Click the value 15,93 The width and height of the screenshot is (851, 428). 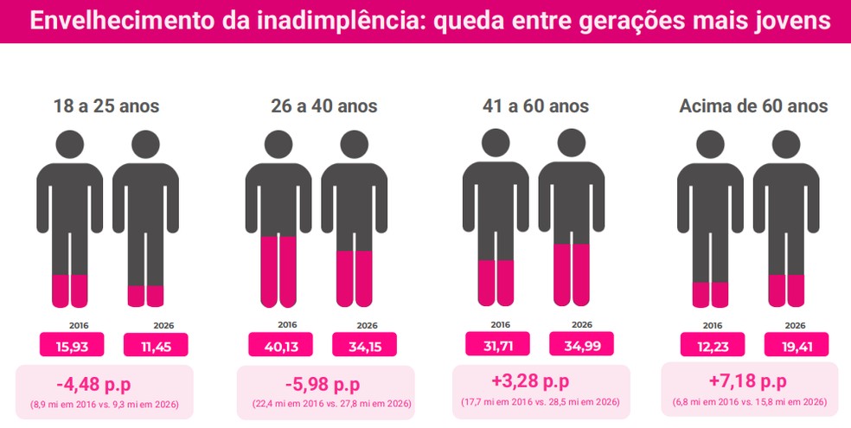[72, 345]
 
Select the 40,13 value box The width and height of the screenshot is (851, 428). [280, 345]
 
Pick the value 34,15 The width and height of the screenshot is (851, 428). [364, 345]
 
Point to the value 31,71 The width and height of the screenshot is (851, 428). [497, 344]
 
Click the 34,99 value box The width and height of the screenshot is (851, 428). [581, 344]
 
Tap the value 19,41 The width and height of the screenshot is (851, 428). [796, 345]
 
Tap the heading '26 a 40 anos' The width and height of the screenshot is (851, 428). [323, 106]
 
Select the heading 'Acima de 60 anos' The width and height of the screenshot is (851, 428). [753, 106]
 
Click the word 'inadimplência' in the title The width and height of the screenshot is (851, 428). [313, 21]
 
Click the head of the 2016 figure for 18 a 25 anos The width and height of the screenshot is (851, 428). [70, 144]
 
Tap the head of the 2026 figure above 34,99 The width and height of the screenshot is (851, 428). [572, 143]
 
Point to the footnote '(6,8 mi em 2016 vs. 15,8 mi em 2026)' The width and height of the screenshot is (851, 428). [750, 403]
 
